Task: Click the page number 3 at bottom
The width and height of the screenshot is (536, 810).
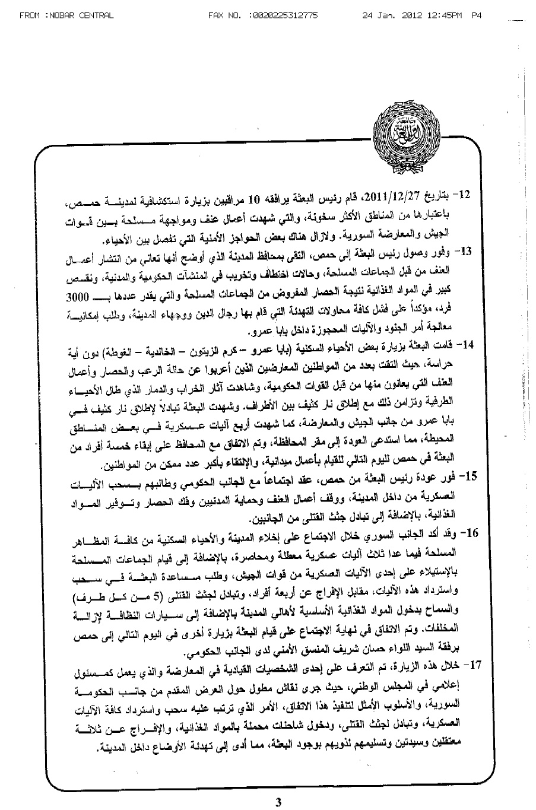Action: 278,802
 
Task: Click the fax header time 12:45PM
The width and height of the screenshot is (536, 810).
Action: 446,14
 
